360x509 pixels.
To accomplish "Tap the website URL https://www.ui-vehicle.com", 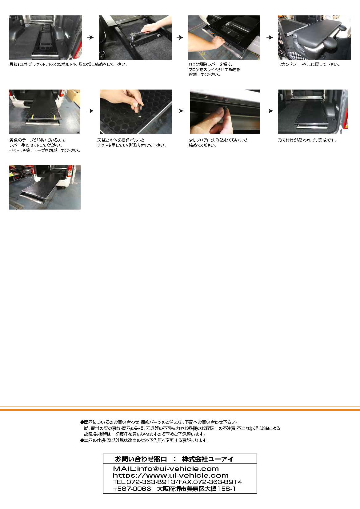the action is [x=170, y=475].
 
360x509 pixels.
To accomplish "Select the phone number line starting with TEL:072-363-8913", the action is [x=178, y=482].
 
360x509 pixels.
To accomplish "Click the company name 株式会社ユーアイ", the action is [x=208, y=459].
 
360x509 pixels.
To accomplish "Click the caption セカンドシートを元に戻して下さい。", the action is [x=309, y=65].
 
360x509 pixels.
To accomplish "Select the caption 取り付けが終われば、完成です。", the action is [x=307, y=140].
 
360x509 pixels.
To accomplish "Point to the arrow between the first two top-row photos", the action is [x=90, y=38].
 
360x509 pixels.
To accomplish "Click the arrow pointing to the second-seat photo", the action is [x=270, y=38].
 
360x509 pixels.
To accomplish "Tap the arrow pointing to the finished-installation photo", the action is [x=270, y=111].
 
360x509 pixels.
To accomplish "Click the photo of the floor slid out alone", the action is [x=45, y=187].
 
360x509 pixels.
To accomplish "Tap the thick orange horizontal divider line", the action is [x=180, y=410].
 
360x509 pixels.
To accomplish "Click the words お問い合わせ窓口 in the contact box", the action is [x=141, y=459].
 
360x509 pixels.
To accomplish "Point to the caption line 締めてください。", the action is [x=202, y=146].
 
